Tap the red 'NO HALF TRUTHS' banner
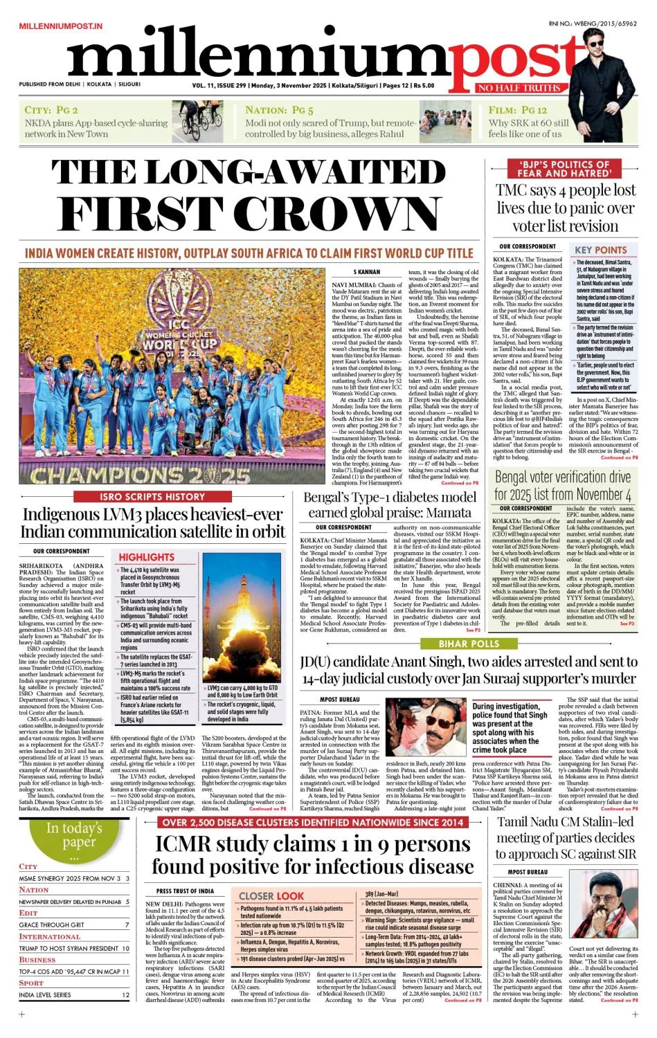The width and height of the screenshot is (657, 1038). [519, 88]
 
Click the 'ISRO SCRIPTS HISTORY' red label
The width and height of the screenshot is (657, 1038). [152, 496]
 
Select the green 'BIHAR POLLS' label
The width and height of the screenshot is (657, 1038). [469, 644]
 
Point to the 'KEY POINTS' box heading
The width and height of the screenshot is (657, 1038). [600, 250]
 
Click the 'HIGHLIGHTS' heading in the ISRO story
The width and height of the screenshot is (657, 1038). [146, 556]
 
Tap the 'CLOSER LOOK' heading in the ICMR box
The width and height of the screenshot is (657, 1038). [271, 895]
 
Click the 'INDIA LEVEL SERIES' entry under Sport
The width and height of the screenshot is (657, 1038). [45, 994]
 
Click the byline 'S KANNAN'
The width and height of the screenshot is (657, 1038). [366, 272]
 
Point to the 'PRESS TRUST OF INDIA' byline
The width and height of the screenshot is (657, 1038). [185, 891]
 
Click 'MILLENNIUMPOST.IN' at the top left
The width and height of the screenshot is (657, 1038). [61, 26]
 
